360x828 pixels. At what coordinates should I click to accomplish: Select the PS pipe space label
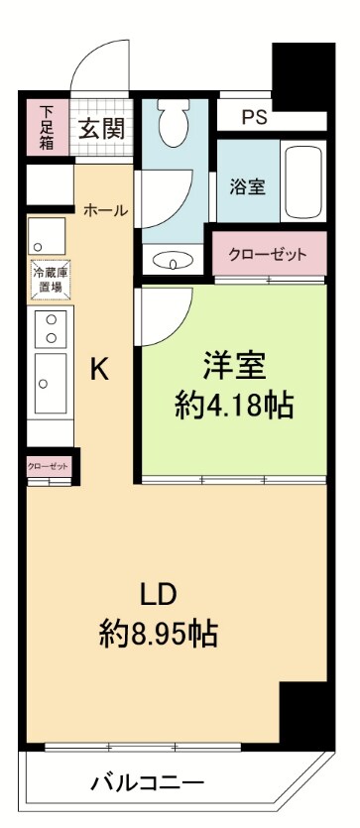click(x=253, y=116)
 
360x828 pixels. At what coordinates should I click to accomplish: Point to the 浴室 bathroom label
click(x=247, y=185)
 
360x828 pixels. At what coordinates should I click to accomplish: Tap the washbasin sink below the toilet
click(x=175, y=263)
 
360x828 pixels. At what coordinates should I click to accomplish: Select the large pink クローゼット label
click(x=268, y=254)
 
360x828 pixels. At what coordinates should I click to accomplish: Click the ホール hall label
click(x=103, y=209)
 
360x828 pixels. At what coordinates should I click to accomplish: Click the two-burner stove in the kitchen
click(x=49, y=328)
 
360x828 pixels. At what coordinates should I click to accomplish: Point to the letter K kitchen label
click(x=99, y=369)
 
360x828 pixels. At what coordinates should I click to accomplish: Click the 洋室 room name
click(x=234, y=366)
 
